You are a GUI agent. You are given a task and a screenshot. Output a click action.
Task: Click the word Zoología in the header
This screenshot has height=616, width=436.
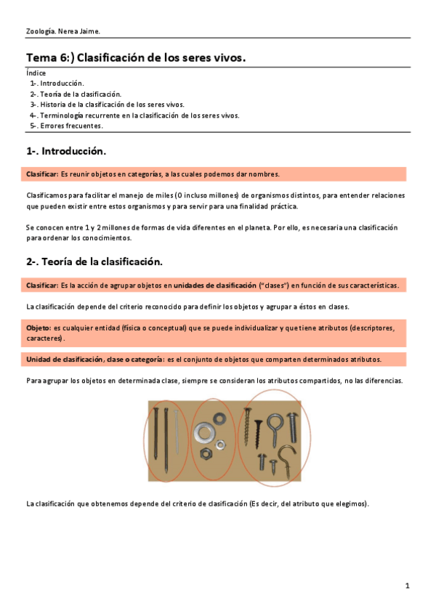(x=39, y=31)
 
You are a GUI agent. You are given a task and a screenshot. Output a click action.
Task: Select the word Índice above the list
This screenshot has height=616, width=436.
(x=36, y=73)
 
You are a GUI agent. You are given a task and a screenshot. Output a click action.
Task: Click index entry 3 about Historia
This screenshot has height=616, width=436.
(x=107, y=104)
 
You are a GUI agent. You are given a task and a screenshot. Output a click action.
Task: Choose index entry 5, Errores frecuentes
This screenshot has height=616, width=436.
(x=66, y=125)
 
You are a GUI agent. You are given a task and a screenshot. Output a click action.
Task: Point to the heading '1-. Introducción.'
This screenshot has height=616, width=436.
(x=66, y=151)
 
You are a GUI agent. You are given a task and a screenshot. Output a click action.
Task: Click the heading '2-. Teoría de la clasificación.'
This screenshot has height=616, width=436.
(x=94, y=262)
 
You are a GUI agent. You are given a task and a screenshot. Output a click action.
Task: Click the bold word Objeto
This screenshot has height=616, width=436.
(x=39, y=328)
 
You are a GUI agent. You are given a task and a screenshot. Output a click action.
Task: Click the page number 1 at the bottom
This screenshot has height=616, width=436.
(x=408, y=585)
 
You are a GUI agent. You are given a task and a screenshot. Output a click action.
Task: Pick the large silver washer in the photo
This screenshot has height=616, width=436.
(x=204, y=434)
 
